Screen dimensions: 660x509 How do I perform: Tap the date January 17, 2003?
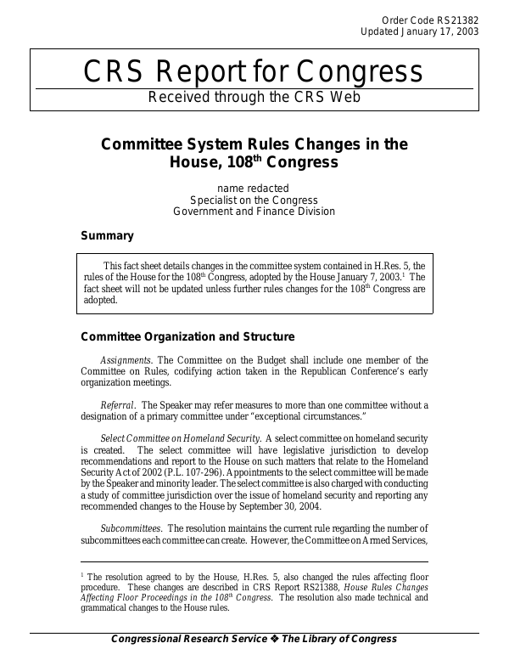click(440, 31)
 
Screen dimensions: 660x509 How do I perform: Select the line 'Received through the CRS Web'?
click(255, 97)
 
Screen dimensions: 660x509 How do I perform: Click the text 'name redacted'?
click(254, 188)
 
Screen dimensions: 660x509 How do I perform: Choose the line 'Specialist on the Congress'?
click(254, 200)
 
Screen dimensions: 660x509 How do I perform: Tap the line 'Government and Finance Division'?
click(254, 212)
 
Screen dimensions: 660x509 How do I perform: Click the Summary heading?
click(107, 235)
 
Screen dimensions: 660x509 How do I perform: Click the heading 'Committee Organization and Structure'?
click(187, 336)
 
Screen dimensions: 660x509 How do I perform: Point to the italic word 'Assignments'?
click(126, 360)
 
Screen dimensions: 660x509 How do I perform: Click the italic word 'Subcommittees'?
click(131, 527)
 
